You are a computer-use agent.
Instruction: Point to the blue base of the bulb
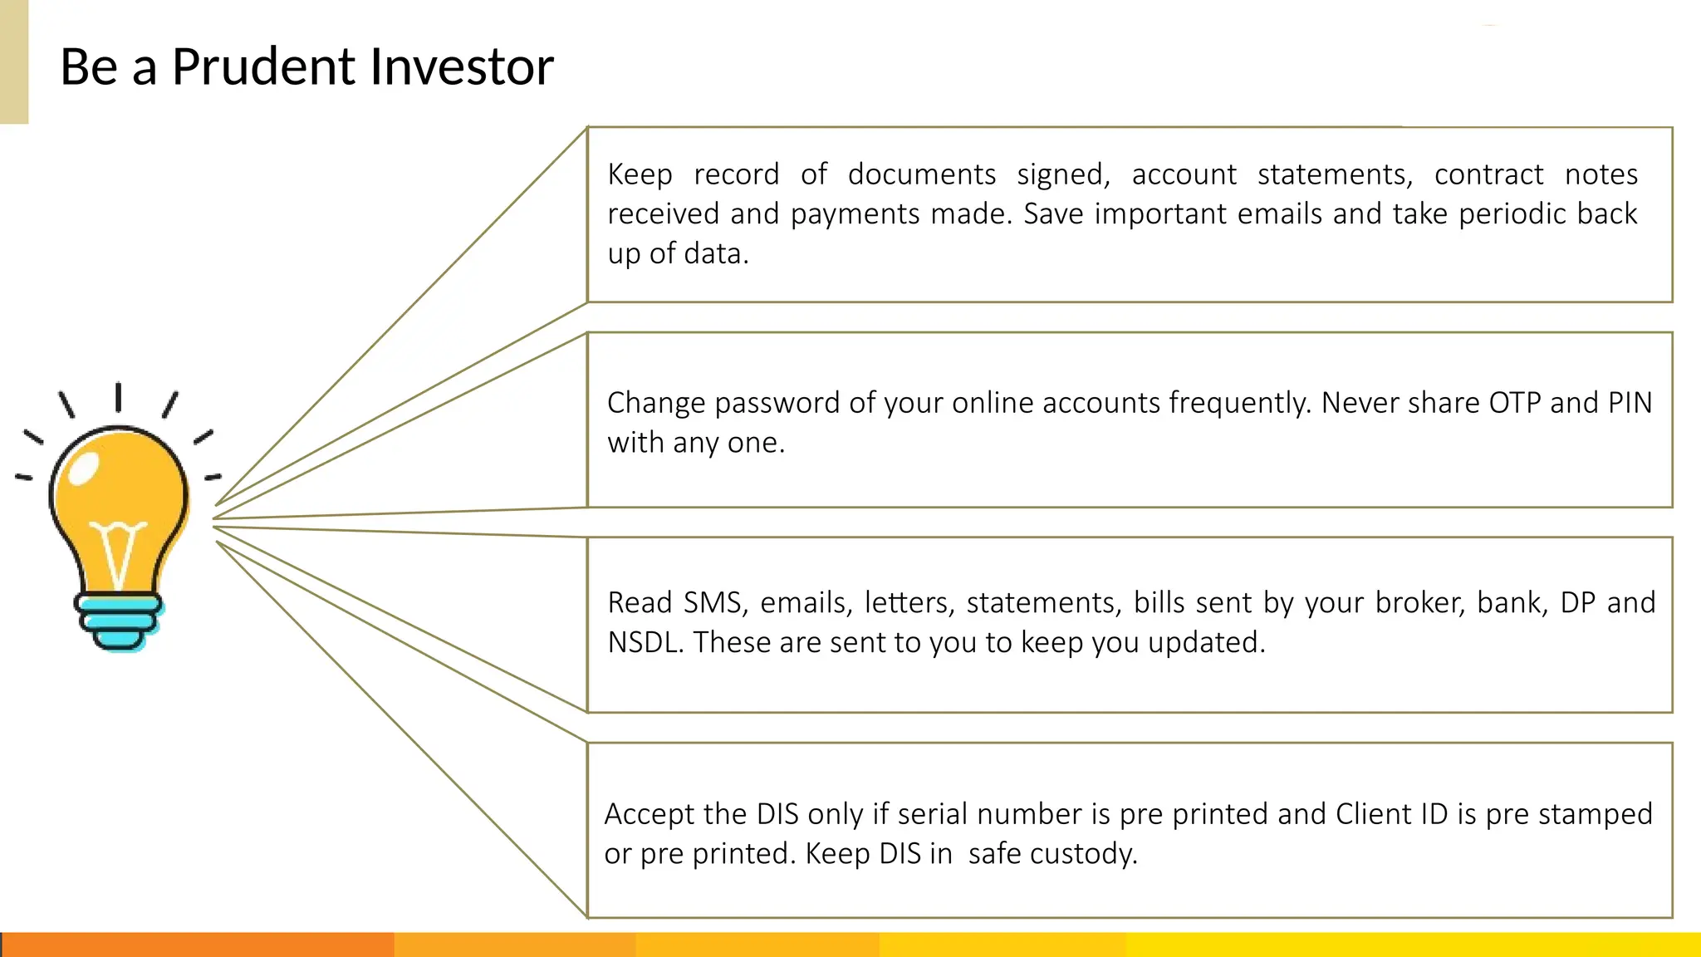tap(118, 620)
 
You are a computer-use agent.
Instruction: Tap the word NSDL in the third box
tap(645, 642)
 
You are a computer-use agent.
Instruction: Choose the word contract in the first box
tap(1488, 174)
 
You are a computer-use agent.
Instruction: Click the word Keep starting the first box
tap(640, 174)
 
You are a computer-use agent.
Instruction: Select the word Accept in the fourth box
tap(649, 814)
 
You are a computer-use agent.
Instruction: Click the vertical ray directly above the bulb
tap(119, 396)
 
